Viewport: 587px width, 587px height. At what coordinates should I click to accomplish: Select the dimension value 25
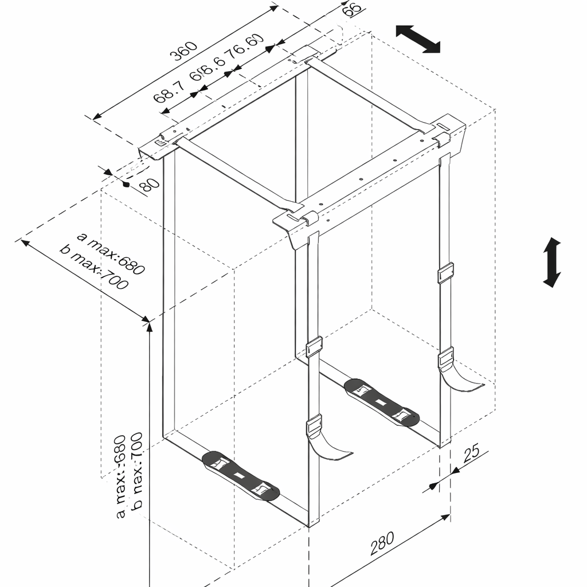(471, 453)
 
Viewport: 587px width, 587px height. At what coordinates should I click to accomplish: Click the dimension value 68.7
(169, 92)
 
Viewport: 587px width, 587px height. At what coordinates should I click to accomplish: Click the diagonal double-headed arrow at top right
(418, 38)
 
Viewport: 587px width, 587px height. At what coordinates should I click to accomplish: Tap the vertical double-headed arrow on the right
(552, 262)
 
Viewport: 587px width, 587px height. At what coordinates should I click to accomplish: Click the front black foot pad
(241, 475)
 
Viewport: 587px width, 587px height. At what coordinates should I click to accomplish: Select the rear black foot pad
(382, 402)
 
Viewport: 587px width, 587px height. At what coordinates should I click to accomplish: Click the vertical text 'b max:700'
(137, 470)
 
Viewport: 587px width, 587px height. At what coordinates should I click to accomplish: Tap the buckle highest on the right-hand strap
(445, 272)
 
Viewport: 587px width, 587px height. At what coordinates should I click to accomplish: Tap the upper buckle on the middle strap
(314, 347)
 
